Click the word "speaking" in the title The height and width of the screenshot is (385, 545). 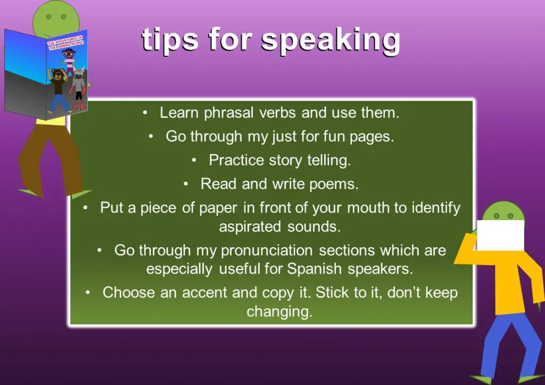331,40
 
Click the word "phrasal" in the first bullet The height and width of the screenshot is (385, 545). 229,113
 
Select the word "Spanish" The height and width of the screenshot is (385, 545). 315,269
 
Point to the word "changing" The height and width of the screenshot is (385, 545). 279,312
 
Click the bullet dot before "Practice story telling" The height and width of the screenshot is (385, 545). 194,161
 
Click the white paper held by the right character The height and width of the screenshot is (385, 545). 500,235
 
